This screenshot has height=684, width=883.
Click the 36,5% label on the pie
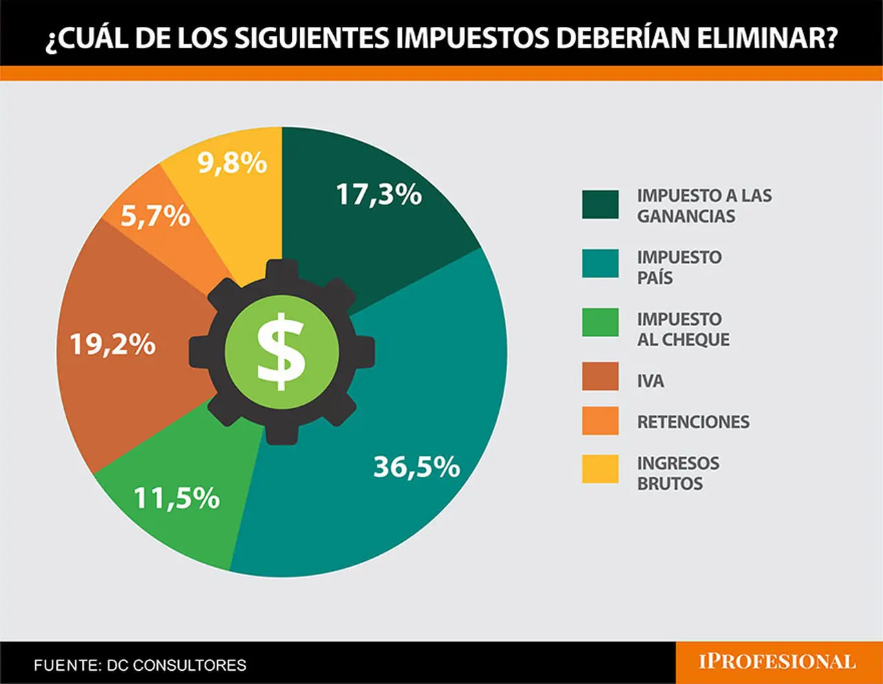click(x=417, y=467)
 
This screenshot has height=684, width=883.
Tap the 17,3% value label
click(x=379, y=194)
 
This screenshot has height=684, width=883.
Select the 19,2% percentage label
click(x=112, y=345)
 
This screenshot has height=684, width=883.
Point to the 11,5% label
click(x=177, y=498)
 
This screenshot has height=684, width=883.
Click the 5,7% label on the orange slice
click(x=156, y=216)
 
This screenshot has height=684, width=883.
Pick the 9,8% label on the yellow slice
click(x=232, y=163)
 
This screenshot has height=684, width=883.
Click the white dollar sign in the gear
click(x=281, y=352)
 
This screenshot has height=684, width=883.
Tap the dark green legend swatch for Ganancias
click(x=600, y=205)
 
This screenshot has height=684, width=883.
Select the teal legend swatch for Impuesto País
click(x=600, y=263)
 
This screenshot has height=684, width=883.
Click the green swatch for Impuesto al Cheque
click(x=600, y=323)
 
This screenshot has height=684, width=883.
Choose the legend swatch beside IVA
click(x=600, y=376)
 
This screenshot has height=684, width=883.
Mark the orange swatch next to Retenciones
click(x=600, y=421)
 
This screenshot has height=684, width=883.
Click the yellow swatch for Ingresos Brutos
click(x=600, y=469)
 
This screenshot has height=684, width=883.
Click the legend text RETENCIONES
click(x=693, y=421)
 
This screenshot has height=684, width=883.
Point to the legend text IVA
click(x=651, y=381)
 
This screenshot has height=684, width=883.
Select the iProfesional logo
click(x=777, y=662)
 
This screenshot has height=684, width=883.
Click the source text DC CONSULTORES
click(x=177, y=665)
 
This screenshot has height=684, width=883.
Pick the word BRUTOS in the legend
click(x=670, y=483)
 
